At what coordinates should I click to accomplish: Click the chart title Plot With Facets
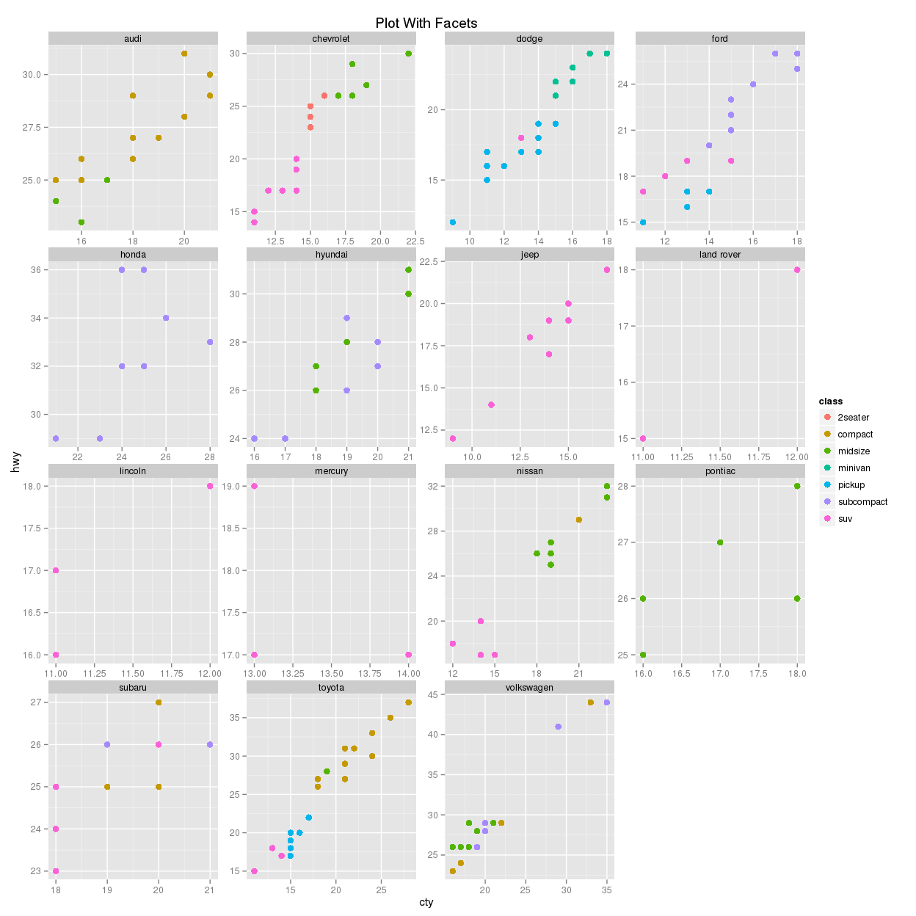(426, 23)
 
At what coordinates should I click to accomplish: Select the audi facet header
(133, 39)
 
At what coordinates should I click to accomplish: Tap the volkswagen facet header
(529, 688)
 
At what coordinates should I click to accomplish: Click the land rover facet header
(720, 255)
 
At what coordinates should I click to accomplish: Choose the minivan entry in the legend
(854, 468)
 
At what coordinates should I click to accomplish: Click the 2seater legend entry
(853, 418)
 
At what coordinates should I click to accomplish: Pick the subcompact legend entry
(862, 502)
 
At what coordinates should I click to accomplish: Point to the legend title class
(831, 401)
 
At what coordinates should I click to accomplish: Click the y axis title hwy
(16, 462)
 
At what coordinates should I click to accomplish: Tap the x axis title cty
(426, 902)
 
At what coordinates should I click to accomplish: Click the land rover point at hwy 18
(797, 270)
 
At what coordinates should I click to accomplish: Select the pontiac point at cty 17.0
(720, 542)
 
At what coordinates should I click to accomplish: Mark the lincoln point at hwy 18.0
(210, 486)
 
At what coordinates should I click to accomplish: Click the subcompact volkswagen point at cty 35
(607, 702)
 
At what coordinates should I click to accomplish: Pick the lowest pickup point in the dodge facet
(453, 222)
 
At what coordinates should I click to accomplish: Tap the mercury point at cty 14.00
(408, 655)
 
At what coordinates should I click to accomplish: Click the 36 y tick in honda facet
(37, 270)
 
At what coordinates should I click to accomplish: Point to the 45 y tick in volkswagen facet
(433, 694)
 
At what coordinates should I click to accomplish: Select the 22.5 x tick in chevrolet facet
(415, 241)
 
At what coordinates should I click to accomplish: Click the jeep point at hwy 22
(607, 270)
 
